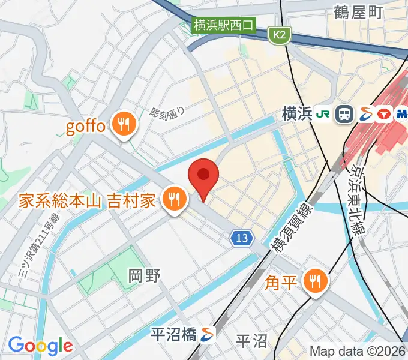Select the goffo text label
click(85, 126)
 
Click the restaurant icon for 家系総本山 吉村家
click(174, 199)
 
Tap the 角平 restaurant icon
click(314, 280)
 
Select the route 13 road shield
click(241, 239)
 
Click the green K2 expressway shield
click(279, 36)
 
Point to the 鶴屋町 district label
click(358, 11)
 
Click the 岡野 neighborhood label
click(145, 276)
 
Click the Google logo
click(40, 346)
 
